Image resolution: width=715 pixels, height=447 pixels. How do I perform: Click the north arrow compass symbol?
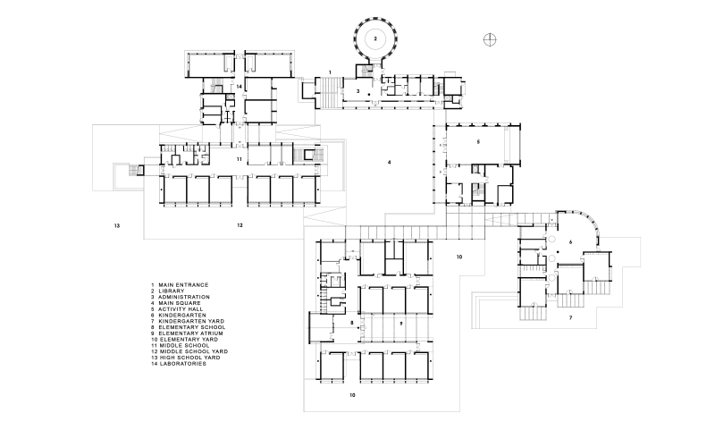[x=490, y=40]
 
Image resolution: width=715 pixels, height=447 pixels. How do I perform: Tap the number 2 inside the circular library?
[x=375, y=38]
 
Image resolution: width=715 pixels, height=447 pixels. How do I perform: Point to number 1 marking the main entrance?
[x=330, y=72]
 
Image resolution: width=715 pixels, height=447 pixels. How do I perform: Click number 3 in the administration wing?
[x=358, y=91]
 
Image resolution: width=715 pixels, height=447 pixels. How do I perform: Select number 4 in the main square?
[x=389, y=163]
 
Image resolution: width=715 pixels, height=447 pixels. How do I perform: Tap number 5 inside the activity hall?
[x=478, y=142]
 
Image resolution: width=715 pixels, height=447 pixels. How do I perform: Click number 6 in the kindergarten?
[x=570, y=242]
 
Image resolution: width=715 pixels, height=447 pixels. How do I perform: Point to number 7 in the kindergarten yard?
[x=570, y=318]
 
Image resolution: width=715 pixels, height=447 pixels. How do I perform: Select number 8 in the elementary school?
[x=352, y=323]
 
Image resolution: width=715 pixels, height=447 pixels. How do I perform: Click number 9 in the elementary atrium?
[x=401, y=324]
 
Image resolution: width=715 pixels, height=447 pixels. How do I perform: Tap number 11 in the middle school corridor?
[x=240, y=159]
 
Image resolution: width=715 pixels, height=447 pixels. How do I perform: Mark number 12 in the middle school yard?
[x=240, y=225]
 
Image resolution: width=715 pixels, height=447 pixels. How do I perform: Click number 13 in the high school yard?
[x=117, y=226]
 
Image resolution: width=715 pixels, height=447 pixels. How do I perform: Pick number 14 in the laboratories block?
[x=239, y=87]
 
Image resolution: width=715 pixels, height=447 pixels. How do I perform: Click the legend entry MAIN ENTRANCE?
[x=183, y=285]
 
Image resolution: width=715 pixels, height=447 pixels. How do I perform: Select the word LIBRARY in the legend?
[x=172, y=291]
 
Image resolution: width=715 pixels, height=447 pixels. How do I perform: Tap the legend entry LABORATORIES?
[x=183, y=364]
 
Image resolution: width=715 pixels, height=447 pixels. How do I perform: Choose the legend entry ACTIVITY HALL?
[x=181, y=309]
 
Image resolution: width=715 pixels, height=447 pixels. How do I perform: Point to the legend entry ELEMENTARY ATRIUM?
[x=191, y=333]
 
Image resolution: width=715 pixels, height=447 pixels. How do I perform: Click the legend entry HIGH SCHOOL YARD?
[x=189, y=358]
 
